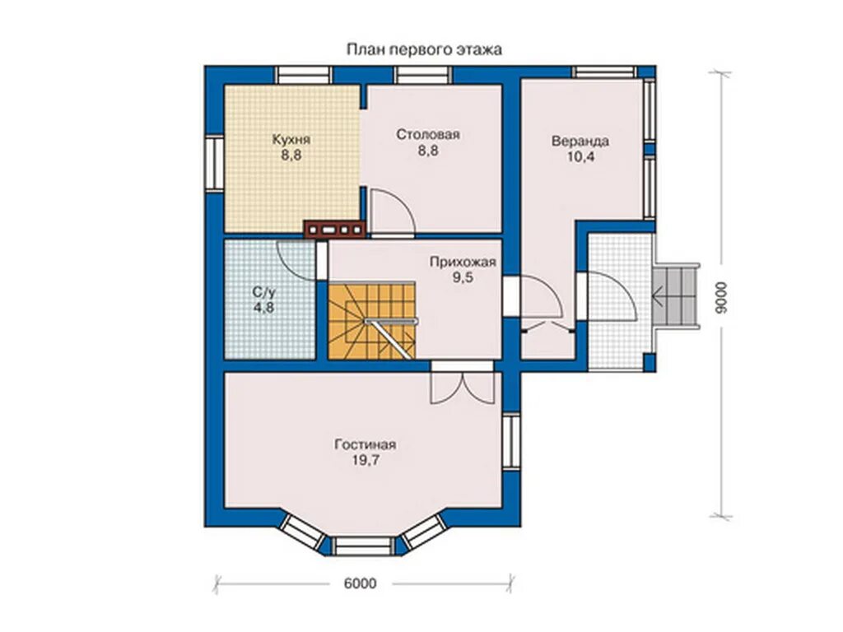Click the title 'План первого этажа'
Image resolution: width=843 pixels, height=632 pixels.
[x=424, y=50]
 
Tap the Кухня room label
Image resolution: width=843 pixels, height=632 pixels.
[x=291, y=140]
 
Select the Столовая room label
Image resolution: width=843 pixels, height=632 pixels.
[x=428, y=134]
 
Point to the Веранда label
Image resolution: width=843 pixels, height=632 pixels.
[x=580, y=142]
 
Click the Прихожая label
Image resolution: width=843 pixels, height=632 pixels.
[x=463, y=263]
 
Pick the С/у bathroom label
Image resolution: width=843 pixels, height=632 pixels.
[x=264, y=292]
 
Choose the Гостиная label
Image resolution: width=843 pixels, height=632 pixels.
[x=365, y=445]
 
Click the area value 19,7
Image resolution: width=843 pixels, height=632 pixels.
[x=365, y=461]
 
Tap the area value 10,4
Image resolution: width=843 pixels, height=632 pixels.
[x=580, y=157]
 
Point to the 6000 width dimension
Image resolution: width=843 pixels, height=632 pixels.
[x=360, y=583]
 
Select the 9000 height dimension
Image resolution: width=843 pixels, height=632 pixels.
[x=721, y=298]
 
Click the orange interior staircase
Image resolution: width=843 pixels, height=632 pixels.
[x=371, y=322]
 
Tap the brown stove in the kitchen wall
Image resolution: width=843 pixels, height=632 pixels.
[x=334, y=230]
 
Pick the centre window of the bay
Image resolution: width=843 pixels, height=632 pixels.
[x=365, y=546]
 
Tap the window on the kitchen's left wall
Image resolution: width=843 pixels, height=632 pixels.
[x=215, y=163]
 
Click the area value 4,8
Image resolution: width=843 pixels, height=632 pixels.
[x=264, y=308]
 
